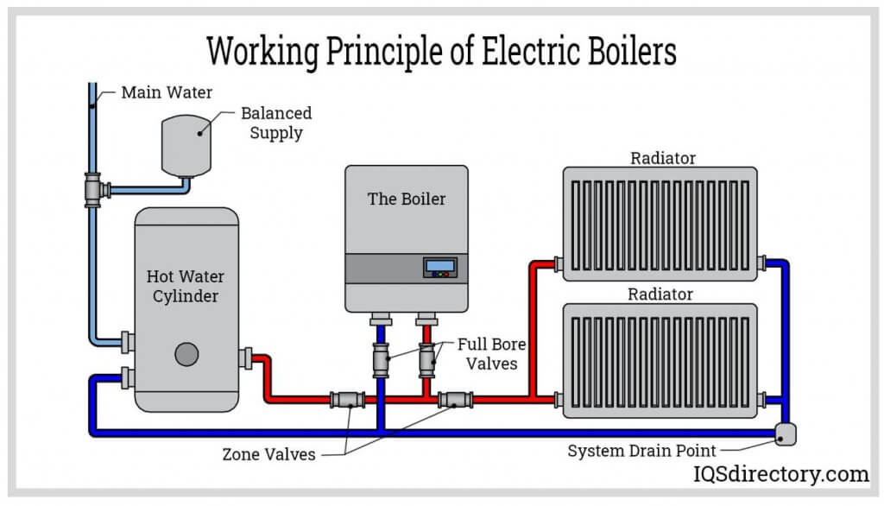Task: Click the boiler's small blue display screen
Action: point(439,267)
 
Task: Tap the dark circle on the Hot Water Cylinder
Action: point(186,354)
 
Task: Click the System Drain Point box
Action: point(785,434)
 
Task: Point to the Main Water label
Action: point(167,92)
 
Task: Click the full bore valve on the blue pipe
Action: point(381,358)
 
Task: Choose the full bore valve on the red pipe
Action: point(427,358)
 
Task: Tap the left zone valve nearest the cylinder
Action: point(347,400)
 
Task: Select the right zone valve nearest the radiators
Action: point(454,400)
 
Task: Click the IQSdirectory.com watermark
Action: point(782,474)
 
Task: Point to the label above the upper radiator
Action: point(662,158)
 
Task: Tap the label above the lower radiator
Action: point(660,294)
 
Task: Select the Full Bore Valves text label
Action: point(492,353)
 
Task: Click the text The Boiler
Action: point(407,199)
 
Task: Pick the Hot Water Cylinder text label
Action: point(186,287)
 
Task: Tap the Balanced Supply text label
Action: point(276,123)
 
